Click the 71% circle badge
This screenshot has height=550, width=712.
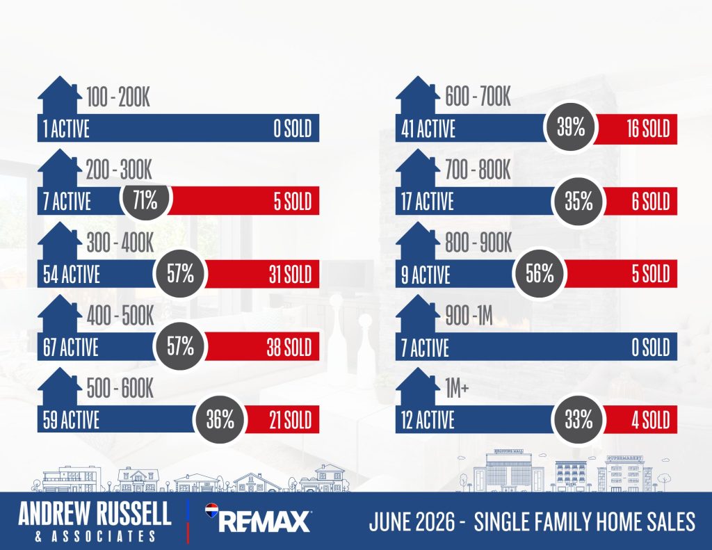[145, 200]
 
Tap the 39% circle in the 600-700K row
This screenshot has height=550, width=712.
[571, 127]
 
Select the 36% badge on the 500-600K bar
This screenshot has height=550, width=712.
[220, 419]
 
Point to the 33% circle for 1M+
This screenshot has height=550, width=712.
[578, 419]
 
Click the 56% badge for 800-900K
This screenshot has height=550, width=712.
[540, 273]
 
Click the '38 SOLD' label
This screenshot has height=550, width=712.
[289, 347]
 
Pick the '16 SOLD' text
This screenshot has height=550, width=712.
[649, 128]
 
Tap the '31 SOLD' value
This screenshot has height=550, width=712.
[290, 275]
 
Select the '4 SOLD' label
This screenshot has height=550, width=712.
[651, 420]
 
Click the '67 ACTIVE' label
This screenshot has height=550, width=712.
[71, 348]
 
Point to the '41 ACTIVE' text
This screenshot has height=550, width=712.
[428, 129]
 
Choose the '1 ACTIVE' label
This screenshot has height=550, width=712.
[66, 129]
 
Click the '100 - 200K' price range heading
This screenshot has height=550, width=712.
[118, 97]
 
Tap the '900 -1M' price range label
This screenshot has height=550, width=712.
[469, 315]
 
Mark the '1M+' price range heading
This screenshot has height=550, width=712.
[457, 388]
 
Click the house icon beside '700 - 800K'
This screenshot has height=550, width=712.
[418, 168]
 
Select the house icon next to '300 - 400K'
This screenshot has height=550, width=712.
[60, 241]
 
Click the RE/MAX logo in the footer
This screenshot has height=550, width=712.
[258, 518]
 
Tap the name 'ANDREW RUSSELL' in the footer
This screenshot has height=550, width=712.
[95, 513]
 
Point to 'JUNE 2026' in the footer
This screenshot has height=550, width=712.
[412, 521]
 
